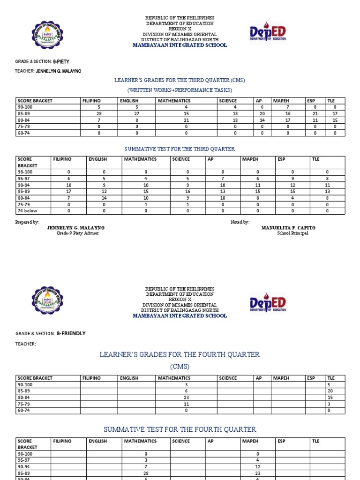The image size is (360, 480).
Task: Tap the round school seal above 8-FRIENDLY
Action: [x=47, y=300]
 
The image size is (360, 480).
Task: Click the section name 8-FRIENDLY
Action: [x=71, y=333]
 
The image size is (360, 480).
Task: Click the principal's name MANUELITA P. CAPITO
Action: [x=288, y=228]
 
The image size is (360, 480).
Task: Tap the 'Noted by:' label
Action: [x=240, y=222]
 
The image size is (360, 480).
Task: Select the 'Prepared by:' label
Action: [x=27, y=222]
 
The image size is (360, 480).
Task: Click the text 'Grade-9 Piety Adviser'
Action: [x=78, y=233]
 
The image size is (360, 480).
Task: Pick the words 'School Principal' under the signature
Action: [x=292, y=233]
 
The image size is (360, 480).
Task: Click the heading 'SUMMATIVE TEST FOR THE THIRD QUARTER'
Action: [x=180, y=149]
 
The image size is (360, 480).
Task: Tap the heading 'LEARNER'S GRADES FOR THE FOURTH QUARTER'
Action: [x=180, y=354]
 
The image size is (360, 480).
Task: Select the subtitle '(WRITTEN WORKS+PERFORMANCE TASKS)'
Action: [x=180, y=90]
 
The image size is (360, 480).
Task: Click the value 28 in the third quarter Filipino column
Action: [x=99, y=114]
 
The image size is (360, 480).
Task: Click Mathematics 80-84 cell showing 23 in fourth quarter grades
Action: [x=186, y=397]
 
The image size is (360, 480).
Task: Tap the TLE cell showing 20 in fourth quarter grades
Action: [x=335, y=391]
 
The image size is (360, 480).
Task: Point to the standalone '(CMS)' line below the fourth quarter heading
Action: [x=180, y=367]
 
